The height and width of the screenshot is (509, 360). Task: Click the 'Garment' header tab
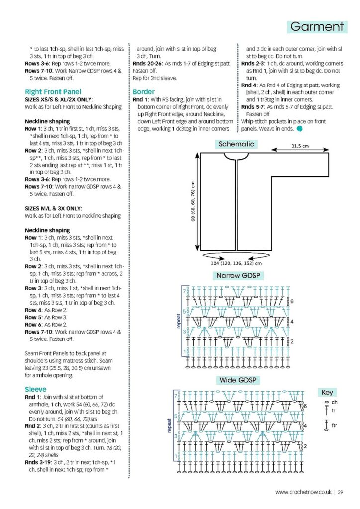(317, 26)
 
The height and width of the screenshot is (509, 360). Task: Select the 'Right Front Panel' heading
(53, 92)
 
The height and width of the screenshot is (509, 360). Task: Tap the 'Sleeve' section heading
(36, 389)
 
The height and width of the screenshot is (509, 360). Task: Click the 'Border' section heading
(144, 92)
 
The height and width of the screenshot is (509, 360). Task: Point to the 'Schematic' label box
(236, 144)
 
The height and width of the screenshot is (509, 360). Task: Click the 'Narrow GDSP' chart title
(238, 276)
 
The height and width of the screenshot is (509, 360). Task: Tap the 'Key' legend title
(327, 392)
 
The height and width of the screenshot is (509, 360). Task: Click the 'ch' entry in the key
(334, 402)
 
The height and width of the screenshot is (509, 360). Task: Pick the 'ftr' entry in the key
(335, 426)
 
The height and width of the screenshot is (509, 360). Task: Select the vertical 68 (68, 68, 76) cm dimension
(193, 201)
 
